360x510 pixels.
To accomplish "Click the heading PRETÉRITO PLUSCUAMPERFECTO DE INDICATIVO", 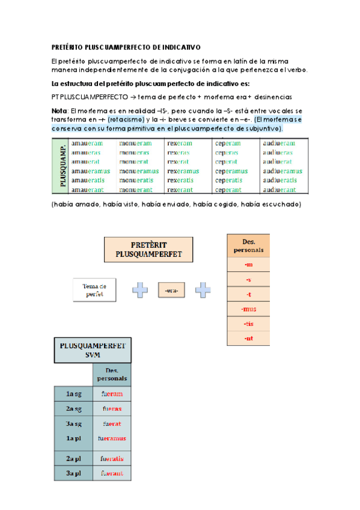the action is tap(126, 47).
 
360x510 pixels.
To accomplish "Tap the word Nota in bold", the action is tap(59, 112).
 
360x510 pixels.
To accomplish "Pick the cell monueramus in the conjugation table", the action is tap(139, 171).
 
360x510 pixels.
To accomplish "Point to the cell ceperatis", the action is tap(229, 180).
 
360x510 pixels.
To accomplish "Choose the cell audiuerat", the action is tap(279, 162).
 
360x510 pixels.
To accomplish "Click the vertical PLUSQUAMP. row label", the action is tap(62, 167).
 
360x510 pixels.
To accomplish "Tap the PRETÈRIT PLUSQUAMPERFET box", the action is tap(148, 249).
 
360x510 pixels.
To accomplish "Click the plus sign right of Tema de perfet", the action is tap(140, 290).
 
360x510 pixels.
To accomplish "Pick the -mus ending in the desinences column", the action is tap(248, 309).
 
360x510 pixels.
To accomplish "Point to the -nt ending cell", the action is tap(248, 339).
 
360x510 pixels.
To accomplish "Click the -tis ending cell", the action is tap(248, 324).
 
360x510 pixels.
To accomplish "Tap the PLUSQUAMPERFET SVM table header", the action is tap(93, 351).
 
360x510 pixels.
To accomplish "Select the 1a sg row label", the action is tap(73, 394).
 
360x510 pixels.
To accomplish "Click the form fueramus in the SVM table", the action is tap(112, 438).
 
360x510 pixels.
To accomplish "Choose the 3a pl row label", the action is tap(73, 473).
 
